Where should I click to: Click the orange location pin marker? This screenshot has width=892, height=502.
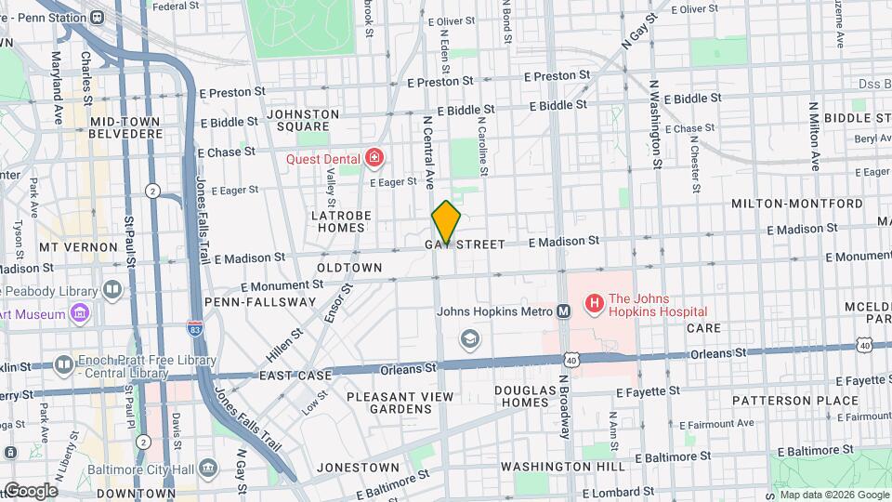(446, 221)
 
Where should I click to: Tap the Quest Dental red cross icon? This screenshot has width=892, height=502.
(374, 159)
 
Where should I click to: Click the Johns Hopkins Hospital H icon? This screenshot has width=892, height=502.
(592, 304)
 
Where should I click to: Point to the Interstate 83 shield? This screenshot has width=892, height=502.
(193, 328)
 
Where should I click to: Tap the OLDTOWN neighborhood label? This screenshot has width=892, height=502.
(349, 268)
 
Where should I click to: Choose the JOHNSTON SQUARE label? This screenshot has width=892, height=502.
(298, 120)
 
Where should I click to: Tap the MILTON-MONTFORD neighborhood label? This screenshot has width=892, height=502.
(797, 204)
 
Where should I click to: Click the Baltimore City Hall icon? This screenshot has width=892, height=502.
(208, 466)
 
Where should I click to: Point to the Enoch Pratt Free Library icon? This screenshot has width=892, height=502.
(63, 363)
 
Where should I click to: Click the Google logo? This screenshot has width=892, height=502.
(31, 491)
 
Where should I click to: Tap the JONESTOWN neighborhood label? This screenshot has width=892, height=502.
(358, 467)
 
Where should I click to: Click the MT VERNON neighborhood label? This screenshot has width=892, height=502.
(78, 248)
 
